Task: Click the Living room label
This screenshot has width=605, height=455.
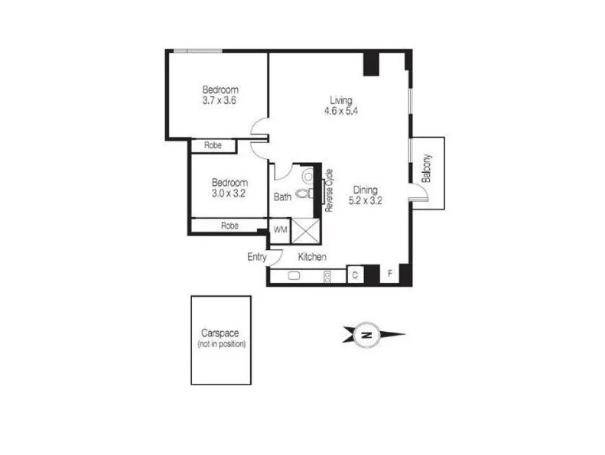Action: [x=341, y=100]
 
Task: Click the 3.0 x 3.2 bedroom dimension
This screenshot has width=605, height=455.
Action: [x=229, y=193]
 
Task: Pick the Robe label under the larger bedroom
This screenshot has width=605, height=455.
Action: [x=213, y=145]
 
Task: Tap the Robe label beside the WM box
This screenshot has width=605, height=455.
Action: [x=229, y=226]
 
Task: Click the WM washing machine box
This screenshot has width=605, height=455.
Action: [x=280, y=229]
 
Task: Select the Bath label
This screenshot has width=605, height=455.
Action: [x=282, y=197]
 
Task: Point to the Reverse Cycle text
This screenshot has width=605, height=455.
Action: [x=330, y=190]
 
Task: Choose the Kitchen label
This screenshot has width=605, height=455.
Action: [x=312, y=257]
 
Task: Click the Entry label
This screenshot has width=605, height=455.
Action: [x=257, y=257]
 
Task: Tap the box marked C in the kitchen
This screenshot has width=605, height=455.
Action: [x=356, y=274]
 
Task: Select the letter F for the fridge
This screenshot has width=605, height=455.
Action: [x=389, y=273]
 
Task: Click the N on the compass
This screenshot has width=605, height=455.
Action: [x=367, y=335]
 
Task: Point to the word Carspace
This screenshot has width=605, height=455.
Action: [x=220, y=333]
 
